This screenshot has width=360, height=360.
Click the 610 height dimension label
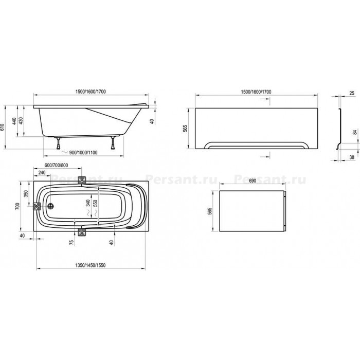coord(3,127)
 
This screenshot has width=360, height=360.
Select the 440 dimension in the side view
coord(14,121)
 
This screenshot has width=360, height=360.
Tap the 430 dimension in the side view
coord(21,121)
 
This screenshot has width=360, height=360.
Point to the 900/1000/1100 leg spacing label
coord(83,152)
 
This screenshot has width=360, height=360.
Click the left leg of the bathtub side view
coord(58,143)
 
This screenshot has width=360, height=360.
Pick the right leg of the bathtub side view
coord(113,143)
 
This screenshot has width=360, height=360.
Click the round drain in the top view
coord(50,206)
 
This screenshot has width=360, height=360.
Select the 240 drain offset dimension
coord(42,172)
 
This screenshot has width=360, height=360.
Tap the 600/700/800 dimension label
coord(56,165)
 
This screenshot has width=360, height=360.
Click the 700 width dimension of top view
coord(17,206)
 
